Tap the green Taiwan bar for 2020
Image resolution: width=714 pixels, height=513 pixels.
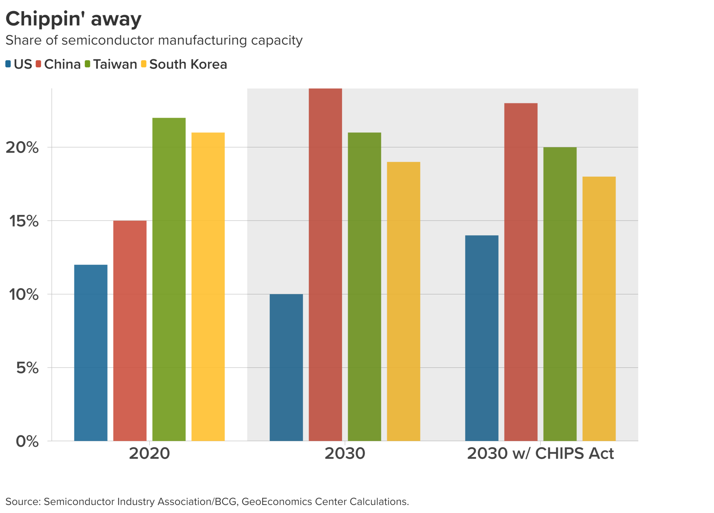(x=169, y=279)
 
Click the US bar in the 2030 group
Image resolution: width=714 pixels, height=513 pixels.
(x=286, y=367)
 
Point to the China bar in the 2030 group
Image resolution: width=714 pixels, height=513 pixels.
(x=325, y=265)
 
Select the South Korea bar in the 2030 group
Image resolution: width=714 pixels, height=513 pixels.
(x=403, y=301)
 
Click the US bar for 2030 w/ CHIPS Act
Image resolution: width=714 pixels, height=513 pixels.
(x=481, y=338)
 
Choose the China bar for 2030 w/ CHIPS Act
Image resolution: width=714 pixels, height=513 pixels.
(x=521, y=272)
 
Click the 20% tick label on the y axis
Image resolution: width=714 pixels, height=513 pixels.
(x=22, y=147)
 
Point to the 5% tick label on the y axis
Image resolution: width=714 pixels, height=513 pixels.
(x=27, y=368)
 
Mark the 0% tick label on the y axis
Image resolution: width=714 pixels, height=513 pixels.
(x=27, y=441)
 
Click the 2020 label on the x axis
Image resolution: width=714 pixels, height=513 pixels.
(x=149, y=453)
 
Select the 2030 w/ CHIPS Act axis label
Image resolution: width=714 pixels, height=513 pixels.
(x=540, y=453)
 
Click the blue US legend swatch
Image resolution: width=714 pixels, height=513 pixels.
(x=8, y=64)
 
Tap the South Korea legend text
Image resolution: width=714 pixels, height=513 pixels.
(x=188, y=64)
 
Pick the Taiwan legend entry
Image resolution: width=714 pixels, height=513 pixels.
(x=115, y=64)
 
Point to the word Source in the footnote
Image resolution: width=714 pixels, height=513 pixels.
(x=23, y=501)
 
